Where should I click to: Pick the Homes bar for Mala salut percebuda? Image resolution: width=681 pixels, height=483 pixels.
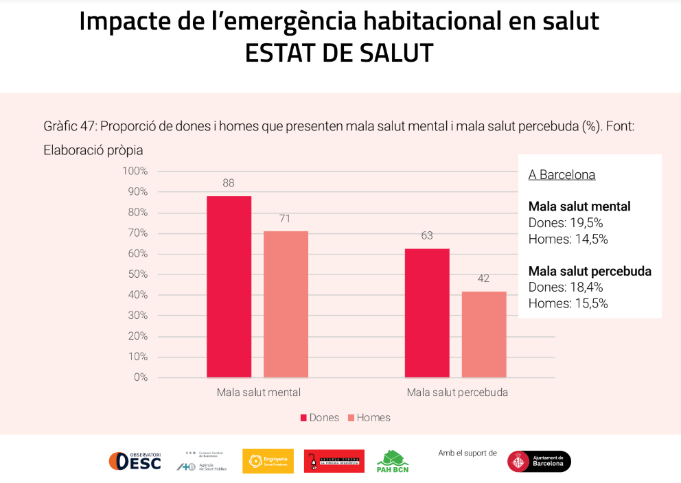pos(484,334)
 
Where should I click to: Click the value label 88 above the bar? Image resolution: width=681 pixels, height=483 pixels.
pos(229,183)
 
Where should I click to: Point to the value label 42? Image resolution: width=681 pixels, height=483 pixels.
pos(484,279)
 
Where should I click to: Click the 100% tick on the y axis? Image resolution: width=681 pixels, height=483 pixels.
pos(135,171)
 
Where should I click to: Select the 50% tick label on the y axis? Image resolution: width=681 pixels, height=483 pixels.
pos(137,274)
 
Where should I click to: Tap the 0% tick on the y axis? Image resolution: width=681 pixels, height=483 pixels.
pos(140,377)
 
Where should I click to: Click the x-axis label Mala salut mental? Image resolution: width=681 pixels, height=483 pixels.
pos(259,393)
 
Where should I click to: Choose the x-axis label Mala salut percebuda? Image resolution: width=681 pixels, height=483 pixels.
pos(457,393)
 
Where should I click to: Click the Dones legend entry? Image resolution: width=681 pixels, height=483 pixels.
pos(319,418)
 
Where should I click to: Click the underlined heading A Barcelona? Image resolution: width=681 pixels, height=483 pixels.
pos(562,175)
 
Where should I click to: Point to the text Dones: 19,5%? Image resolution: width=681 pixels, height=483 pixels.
pos(565,223)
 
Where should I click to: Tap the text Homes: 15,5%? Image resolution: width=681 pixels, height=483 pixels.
pos(568,303)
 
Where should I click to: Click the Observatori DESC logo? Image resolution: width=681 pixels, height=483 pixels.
pos(135,461)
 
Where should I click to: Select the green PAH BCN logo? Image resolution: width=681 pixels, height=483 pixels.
pos(393,462)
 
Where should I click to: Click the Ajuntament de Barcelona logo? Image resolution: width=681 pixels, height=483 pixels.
pos(539,461)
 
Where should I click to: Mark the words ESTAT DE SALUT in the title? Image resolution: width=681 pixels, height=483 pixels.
pos(339,54)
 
